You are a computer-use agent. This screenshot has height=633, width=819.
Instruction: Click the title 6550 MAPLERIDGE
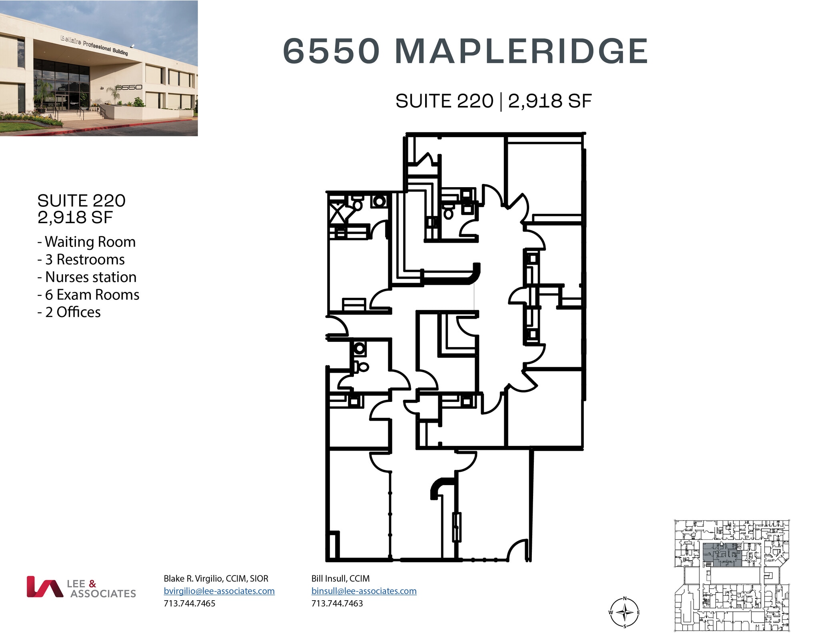[x=465, y=51]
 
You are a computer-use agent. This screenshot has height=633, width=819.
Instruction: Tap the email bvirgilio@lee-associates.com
[x=219, y=591]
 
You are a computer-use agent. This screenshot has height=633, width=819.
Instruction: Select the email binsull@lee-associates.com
[x=364, y=591]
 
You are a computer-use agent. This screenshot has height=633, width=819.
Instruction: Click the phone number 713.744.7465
[x=190, y=603]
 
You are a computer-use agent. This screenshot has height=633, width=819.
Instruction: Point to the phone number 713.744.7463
[x=337, y=603]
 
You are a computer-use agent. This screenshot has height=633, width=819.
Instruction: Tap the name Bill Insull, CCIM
[x=340, y=578]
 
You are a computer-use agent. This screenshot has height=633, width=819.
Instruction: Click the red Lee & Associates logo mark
[x=44, y=587]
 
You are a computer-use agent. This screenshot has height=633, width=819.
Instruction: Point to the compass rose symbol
[x=624, y=612]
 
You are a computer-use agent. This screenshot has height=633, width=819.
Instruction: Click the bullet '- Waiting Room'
[x=87, y=242]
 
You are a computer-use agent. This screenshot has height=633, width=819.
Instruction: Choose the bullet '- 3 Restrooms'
[x=81, y=260]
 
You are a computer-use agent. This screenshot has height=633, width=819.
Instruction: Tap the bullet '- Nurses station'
[x=87, y=277]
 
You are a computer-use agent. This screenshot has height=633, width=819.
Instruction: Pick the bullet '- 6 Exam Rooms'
[x=88, y=295]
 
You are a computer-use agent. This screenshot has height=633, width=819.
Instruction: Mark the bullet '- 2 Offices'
[x=69, y=312]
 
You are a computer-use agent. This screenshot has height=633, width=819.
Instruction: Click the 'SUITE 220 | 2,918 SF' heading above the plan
[x=493, y=101]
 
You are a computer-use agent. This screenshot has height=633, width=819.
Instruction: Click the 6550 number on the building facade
[x=129, y=87]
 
